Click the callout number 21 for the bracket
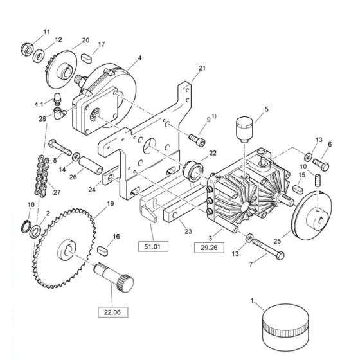coord(202,68)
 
